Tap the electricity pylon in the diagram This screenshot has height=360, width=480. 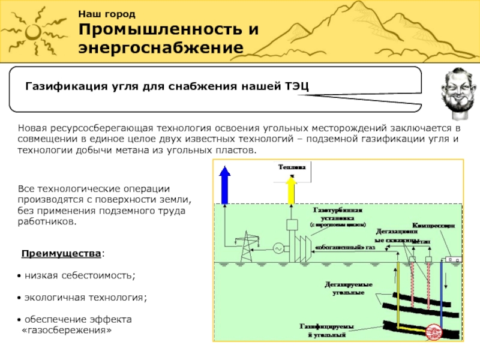245,247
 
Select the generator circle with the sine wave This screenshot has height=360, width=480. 278,248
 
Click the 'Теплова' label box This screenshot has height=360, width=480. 291,167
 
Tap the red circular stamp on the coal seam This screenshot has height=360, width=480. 434,331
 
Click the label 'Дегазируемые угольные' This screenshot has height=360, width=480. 349,288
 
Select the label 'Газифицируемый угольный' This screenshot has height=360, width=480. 327,331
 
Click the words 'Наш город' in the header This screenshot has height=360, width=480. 107,14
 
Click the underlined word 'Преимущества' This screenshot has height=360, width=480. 61,254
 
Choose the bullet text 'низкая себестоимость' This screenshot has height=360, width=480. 80,275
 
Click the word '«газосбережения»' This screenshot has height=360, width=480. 67,331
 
